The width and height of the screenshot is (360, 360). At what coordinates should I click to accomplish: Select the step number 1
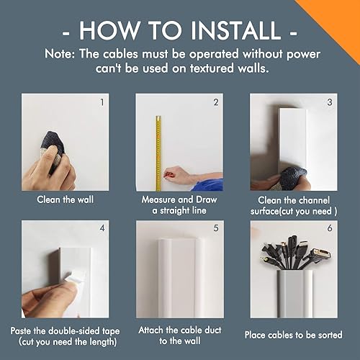tap(101, 102)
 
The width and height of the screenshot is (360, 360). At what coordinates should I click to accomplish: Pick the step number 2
tap(215, 102)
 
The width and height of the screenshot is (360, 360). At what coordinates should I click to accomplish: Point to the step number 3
tap(330, 102)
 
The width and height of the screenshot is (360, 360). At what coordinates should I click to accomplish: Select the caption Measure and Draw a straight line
tap(179, 204)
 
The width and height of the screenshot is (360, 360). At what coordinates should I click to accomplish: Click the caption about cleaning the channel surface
tap(294, 204)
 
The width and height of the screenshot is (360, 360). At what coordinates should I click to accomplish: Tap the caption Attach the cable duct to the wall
tap(179, 335)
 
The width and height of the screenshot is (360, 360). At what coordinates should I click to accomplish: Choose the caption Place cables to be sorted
tap(294, 335)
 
